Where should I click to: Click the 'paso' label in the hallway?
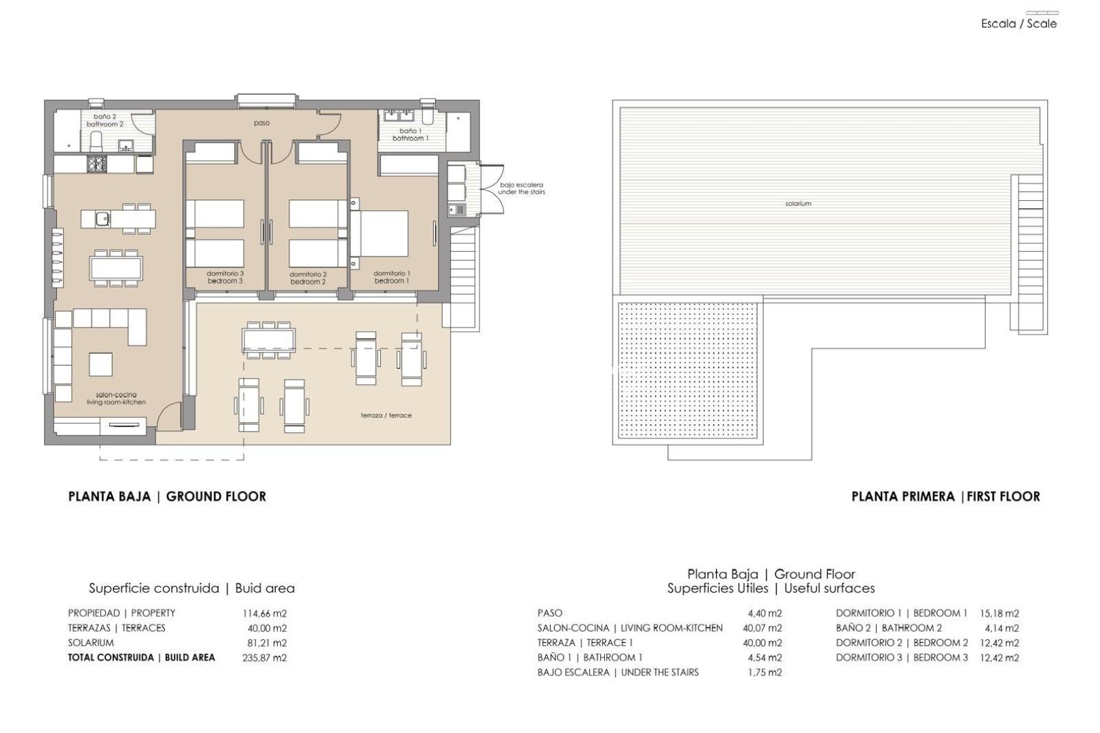(x=261, y=124)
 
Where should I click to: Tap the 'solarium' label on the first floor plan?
(x=798, y=204)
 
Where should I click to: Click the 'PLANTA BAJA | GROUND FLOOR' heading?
(x=167, y=497)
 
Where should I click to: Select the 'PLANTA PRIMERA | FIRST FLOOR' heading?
(x=945, y=497)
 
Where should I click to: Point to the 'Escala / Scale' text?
(x=1019, y=24)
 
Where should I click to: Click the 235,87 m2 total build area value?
(x=264, y=658)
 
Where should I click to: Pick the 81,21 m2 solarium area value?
(x=264, y=643)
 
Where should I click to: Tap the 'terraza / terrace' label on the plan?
(x=386, y=415)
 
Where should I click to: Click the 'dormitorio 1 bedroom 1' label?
(x=392, y=277)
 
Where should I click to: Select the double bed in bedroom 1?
(x=380, y=235)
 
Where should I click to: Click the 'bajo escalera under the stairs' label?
(x=521, y=188)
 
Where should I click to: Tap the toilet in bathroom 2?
(x=96, y=141)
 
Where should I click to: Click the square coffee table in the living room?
(x=101, y=364)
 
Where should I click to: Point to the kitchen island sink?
(x=102, y=219)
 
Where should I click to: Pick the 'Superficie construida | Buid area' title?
(x=191, y=588)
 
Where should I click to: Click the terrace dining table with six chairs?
(x=269, y=338)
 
